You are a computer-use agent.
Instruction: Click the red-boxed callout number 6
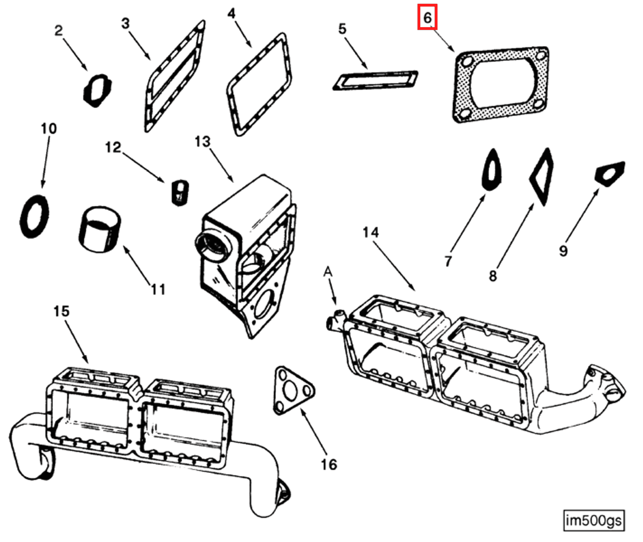pyautogui.click(x=427, y=17)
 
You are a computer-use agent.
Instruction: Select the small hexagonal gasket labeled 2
pyautogui.click(x=97, y=90)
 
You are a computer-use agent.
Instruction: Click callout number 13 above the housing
pyautogui.click(x=202, y=142)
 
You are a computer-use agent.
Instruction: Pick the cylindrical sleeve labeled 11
pyautogui.click(x=100, y=230)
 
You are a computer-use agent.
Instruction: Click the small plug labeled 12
pyautogui.click(x=180, y=192)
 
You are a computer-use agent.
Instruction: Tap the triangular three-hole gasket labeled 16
pyautogui.click(x=294, y=390)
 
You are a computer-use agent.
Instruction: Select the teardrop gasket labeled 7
pyautogui.click(x=491, y=170)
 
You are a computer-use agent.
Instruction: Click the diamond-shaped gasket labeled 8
pyautogui.click(x=542, y=177)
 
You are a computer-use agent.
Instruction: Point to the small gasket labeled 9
pyautogui.click(x=610, y=174)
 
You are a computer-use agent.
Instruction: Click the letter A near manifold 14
pyautogui.click(x=328, y=272)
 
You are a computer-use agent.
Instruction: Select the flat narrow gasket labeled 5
pyautogui.click(x=375, y=80)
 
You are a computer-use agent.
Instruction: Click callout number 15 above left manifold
pyautogui.click(x=61, y=311)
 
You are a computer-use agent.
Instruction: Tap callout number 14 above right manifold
pyautogui.click(x=370, y=232)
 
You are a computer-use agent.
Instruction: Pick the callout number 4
pyautogui.click(x=231, y=14)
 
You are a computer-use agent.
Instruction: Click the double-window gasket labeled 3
pyautogui.click(x=174, y=77)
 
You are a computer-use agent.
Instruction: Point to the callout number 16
pyautogui.click(x=329, y=465)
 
